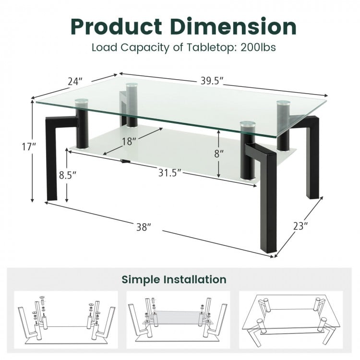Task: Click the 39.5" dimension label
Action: [212, 81]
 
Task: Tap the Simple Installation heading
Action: [174, 279]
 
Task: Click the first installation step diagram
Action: [66, 319]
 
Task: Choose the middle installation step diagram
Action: [178, 319]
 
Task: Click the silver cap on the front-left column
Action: [81, 102]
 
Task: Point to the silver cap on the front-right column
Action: [248, 125]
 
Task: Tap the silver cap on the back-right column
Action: [283, 103]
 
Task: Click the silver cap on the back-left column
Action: [132, 86]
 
